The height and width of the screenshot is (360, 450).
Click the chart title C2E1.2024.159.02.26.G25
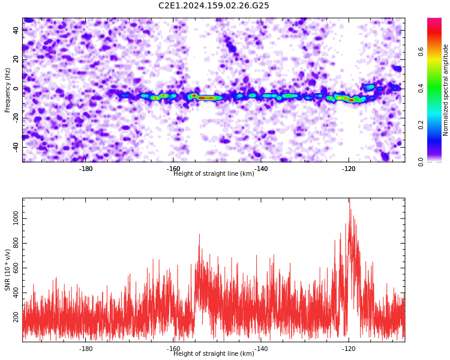point(214,5)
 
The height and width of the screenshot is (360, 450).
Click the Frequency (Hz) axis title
point(7,90)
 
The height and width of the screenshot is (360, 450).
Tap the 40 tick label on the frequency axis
point(16,30)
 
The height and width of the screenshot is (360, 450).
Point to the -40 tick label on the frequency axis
point(16,148)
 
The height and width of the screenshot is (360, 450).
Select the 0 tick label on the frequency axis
point(16,89)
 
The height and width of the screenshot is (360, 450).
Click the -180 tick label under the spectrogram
point(86,169)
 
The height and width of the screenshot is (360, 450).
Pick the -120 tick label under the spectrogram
point(349,169)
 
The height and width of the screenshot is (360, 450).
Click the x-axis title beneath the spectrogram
point(214,173)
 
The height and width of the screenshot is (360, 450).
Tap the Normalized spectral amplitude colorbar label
point(445,90)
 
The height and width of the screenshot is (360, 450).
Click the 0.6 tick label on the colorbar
point(421,52)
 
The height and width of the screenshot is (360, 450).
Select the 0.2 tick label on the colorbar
point(421,125)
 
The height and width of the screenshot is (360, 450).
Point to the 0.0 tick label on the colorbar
point(421,161)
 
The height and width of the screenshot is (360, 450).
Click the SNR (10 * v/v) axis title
point(7,270)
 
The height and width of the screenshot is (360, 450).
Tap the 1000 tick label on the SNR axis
point(16,218)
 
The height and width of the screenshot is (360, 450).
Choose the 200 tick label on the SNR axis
point(16,317)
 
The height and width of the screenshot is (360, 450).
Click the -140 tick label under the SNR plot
point(261,349)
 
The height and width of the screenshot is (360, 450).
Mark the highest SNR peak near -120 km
point(349,199)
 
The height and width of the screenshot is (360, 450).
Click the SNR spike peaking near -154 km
point(199,235)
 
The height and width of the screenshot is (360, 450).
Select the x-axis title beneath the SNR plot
point(214,353)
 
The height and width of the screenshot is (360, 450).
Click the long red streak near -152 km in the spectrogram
point(206,98)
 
